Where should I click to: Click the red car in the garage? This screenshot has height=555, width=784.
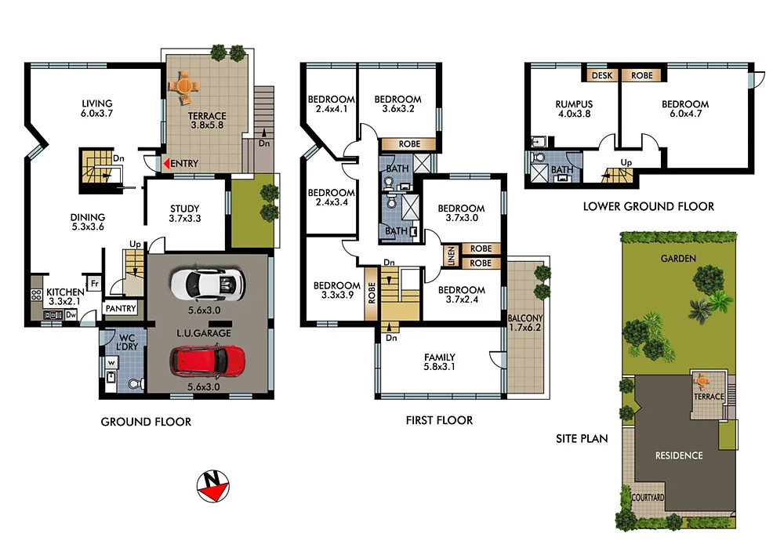click(207, 361)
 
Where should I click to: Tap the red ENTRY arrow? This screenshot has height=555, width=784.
click(166, 163)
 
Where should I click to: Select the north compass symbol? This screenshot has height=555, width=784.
click(212, 487)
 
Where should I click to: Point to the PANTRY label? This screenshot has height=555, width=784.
click(121, 309)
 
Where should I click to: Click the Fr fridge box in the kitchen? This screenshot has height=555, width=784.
click(94, 282)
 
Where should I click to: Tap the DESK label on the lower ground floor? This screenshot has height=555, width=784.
click(602, 76)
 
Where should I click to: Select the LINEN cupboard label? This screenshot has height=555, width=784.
click(451, 256)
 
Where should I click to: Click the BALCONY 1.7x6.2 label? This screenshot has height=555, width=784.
click(524, 323)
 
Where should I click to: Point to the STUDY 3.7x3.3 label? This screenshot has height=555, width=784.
click(185, 213)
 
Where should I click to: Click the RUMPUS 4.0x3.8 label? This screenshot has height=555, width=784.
click(574, 109)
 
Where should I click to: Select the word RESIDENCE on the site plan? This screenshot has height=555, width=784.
click(679, 455)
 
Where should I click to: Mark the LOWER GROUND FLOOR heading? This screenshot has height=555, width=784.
click(648, 207)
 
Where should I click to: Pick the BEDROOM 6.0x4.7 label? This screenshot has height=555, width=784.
click(684, 109)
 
